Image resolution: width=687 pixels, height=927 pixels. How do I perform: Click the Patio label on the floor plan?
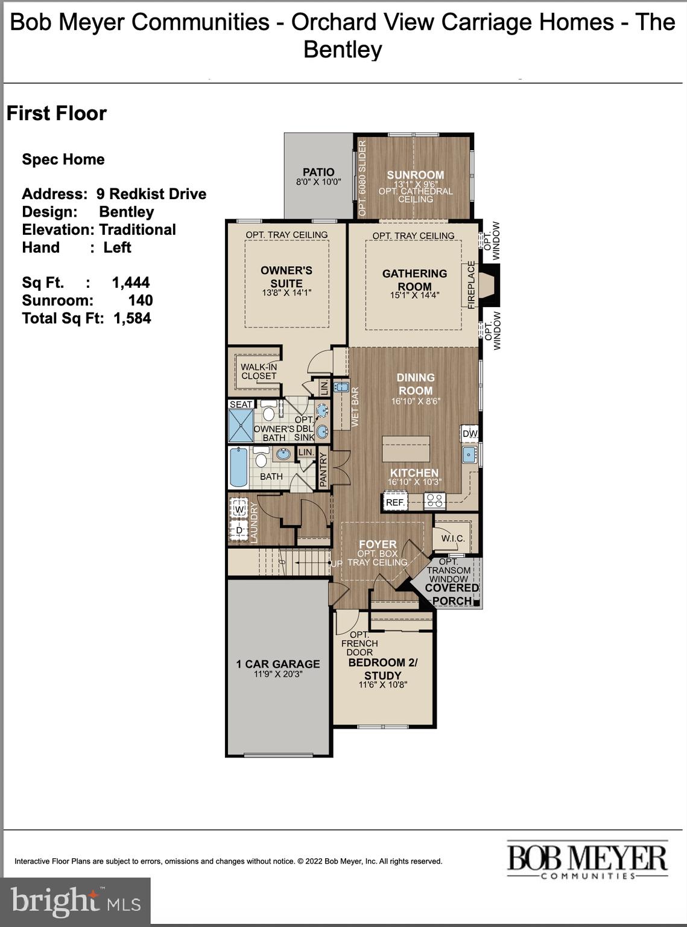[318, 172]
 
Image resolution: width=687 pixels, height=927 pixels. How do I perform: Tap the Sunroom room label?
[415, 175]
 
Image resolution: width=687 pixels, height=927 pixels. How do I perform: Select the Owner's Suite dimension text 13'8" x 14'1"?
[287, 293]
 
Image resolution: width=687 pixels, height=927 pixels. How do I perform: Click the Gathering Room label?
[414, 279]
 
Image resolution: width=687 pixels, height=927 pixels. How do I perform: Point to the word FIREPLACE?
[472, 285]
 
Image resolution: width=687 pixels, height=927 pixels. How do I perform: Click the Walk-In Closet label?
[259, 371]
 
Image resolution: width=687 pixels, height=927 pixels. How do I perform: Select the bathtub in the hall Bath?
[239, 468]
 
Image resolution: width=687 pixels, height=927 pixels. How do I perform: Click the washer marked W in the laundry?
[239, 509]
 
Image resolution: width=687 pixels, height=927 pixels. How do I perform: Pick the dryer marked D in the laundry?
[239, 530]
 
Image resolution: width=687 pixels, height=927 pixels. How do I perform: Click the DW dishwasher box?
[470, 433]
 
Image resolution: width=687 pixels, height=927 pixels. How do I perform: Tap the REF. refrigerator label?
[395, 502]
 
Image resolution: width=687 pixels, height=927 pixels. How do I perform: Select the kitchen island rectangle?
[405, 450]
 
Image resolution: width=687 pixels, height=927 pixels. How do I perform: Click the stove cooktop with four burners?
[435, 501]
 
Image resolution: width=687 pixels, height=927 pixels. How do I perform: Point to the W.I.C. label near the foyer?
[452, 538]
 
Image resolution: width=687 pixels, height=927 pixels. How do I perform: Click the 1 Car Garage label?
[278, 664]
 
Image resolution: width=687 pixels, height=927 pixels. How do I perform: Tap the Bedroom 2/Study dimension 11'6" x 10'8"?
[383, 684]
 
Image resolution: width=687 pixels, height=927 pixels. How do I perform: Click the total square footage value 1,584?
[132, 318]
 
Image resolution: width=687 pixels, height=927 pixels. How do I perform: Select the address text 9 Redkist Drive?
[151, 194]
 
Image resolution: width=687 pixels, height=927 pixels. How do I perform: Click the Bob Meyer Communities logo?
[587, 859]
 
